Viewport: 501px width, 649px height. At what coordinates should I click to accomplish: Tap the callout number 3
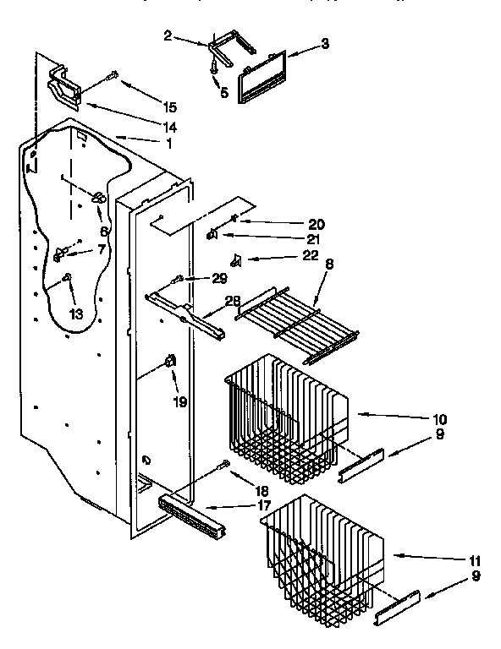click(x=325, y=43)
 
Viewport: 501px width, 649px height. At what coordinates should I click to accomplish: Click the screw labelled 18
click(x=223, y=464)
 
